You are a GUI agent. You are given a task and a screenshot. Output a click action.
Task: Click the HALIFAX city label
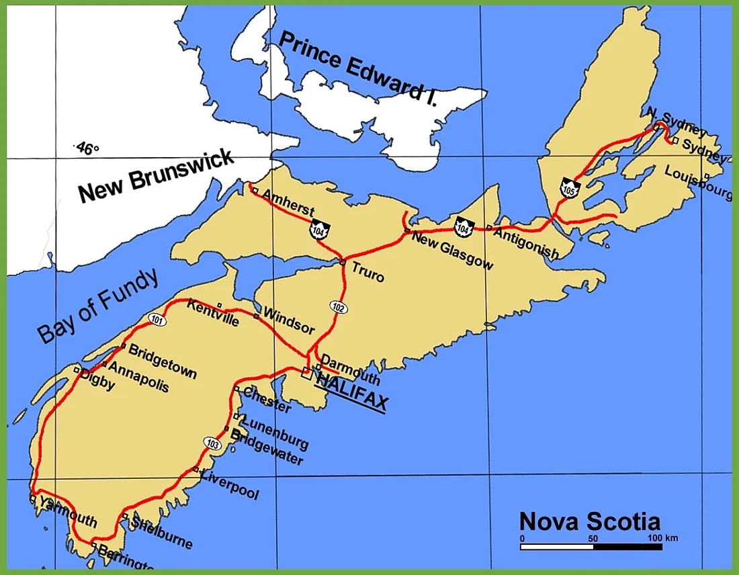(x=351, y=392)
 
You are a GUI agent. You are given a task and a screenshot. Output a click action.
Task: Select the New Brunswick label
(x=156, y=176)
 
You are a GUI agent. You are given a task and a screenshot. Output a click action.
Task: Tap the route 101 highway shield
(x=157, y=320)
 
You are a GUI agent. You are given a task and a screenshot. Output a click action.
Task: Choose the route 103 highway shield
(x=213, y=443)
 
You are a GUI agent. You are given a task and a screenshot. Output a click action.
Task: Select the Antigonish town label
(x=527, y=242)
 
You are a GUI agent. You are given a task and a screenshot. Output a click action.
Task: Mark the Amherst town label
(x=288, y=202)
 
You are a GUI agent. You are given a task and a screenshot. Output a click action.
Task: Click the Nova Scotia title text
(x=589, y=521)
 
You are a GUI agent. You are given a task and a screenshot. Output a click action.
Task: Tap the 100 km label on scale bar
(x=662, y=538)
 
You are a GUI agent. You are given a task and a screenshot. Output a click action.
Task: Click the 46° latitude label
(x=87, y=148)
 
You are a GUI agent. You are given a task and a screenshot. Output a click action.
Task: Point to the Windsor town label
(x=289, y=321)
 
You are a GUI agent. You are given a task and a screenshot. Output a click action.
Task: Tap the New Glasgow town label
(x=452, y=249)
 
